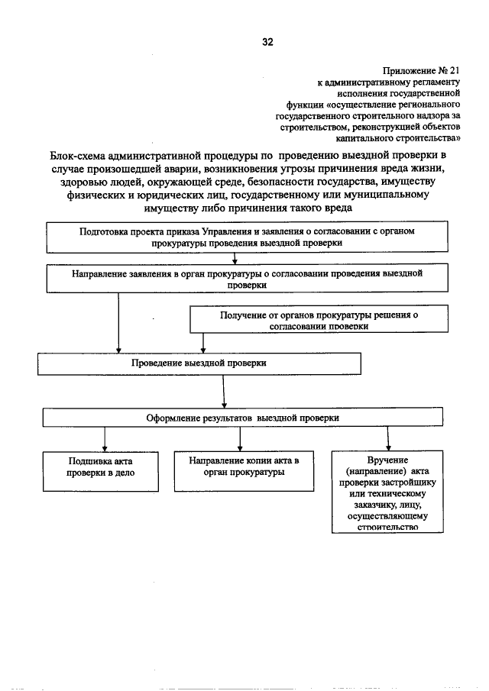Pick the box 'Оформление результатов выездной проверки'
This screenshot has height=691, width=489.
243,418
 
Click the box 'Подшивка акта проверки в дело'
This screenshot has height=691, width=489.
102,467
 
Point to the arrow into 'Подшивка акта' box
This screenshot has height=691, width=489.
104,440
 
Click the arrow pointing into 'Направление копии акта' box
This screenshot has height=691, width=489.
240,440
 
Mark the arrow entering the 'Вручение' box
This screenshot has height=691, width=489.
389,440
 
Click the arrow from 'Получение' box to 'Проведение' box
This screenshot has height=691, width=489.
202,342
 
